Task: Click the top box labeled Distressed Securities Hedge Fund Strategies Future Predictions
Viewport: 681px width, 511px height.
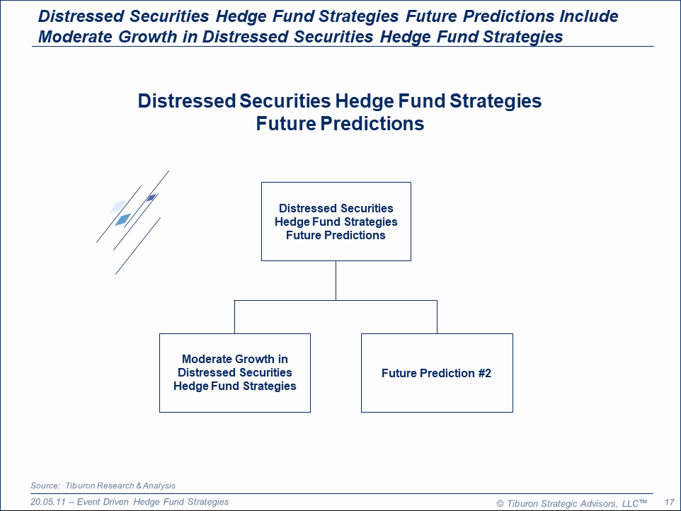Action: (x=336, y=222)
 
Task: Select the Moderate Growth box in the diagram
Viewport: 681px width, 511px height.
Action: (x=235, y=373)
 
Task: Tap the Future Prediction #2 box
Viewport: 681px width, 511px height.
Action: (x=437, y=373)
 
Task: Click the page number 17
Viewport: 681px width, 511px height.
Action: (x=669, y=503)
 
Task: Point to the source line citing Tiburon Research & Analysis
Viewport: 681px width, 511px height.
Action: (x=103, y=486)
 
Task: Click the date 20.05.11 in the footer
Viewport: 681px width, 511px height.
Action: (x=47, y=502)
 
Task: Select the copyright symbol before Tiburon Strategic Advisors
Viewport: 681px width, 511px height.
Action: (x=500, y=504)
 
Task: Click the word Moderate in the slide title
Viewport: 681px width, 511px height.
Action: (x=75, y=37)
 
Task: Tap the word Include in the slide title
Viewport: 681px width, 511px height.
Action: (x=588, y=16)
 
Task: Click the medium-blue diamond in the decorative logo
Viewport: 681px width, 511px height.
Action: (x=123, y=219)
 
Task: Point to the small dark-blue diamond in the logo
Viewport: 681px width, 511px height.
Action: (x=151, y=198)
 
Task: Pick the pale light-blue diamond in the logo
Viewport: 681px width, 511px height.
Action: (x=118, y=206)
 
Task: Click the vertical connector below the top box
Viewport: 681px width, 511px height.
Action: (x=336, y=280)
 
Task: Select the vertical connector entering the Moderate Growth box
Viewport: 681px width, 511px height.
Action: (x=234, y=317)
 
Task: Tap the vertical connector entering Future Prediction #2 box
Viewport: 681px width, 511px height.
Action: (x=437, y=317)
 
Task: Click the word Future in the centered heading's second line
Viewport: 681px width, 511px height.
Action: (x=286, y=123)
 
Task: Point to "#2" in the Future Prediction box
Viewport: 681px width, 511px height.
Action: (x=485, y=374)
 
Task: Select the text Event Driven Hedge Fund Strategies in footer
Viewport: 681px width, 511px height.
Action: (x=153, y=502)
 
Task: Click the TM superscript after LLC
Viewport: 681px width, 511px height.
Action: (x=643, y=502)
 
